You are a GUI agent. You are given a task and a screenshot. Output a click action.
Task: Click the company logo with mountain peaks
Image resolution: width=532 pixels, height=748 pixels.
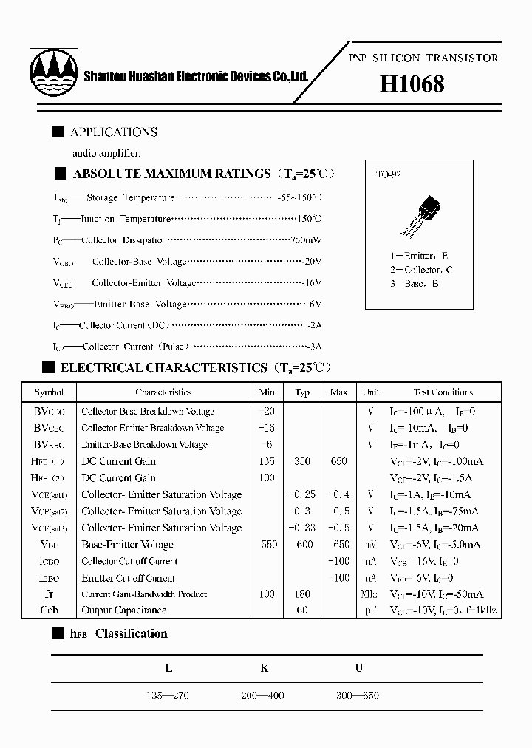coord(53,72)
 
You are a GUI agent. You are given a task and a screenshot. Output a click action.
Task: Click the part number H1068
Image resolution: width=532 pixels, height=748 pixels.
coord(412,84)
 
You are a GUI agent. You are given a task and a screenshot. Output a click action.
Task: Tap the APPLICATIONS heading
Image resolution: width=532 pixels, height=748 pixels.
coord(113,132)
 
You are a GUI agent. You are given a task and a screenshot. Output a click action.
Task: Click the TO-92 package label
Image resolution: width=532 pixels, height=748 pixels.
coord(389,175)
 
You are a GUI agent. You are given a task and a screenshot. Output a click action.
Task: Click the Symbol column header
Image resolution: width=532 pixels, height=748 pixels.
coord(49,392)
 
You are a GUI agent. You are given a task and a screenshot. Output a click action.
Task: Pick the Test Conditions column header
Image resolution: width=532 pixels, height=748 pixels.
coord(443,392)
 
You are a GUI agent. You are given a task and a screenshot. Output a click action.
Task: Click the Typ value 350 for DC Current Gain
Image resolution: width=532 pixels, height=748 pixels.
coord(302,461)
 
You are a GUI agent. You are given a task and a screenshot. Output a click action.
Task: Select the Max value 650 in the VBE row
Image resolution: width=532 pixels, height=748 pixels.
coord(338,545)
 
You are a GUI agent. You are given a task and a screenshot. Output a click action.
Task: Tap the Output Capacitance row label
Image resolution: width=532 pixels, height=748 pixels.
coord(123,611)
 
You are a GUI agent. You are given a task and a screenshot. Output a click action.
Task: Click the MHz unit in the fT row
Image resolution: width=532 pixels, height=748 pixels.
coord(370,594)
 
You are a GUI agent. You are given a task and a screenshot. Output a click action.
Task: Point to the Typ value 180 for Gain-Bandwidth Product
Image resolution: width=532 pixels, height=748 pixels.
coord(302,594)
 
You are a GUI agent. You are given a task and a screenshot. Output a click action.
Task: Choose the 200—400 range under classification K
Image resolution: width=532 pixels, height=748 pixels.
coord(262,696)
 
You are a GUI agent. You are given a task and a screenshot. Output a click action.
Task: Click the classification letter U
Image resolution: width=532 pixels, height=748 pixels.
coord(359,668)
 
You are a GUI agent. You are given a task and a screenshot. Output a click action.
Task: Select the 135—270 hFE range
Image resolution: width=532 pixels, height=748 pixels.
coord(168,696)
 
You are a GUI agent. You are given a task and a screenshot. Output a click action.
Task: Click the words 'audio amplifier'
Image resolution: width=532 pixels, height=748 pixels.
coord(106,153)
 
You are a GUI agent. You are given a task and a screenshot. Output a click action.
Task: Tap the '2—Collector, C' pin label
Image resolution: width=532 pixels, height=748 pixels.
coord(421,270)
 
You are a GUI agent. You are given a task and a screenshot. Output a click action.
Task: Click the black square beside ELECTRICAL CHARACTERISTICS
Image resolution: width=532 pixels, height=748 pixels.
coord(49,367)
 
